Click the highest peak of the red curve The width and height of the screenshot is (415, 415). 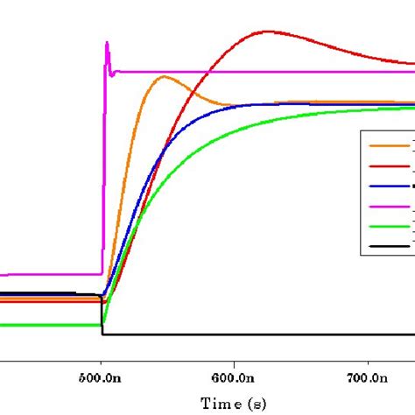265,32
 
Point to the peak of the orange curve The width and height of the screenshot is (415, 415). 163,77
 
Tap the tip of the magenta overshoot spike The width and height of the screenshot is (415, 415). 106,42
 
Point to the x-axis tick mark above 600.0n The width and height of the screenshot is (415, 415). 235,356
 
